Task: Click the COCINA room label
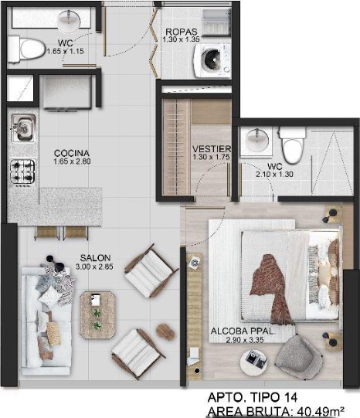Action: [72, 153]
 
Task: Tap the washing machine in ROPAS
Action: [212, 61]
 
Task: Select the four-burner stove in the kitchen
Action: [22, 172]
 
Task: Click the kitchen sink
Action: [23, 129]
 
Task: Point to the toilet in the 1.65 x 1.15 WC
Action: [26, 50]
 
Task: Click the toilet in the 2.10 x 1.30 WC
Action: [293, 144]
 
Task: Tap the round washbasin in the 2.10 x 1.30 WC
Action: [256, 141]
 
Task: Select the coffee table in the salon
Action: [97, 315]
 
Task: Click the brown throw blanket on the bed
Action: [270, 288]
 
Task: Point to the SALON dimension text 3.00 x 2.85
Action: [94, 267]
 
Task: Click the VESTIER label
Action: [212, 149]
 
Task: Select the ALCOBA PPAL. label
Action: [243, 331]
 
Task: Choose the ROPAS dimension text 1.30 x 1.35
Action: [182, 39]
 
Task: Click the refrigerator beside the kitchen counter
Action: [67, 92]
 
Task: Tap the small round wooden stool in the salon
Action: [165, 331]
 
